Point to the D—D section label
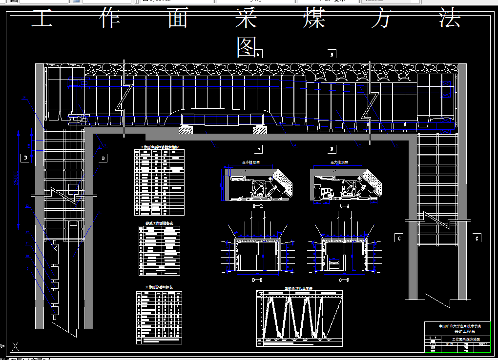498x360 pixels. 257,280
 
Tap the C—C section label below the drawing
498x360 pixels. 344,280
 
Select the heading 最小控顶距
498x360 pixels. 251,162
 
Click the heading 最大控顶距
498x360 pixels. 339,162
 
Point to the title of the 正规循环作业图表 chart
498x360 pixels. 299,288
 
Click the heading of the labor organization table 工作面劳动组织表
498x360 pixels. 159,287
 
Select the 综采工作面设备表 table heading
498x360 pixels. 159,223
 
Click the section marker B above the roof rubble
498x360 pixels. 332,55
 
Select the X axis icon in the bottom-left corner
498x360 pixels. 16,346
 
